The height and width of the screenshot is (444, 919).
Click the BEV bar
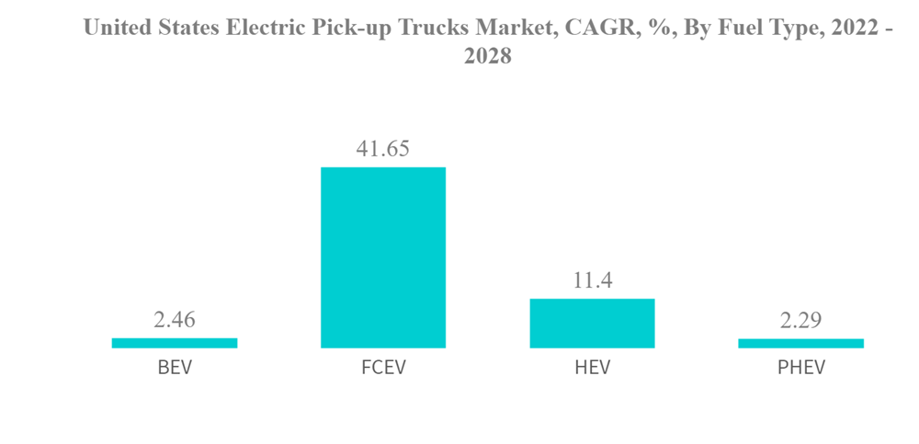click(175, 343)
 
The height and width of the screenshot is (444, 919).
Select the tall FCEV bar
click(383, 257)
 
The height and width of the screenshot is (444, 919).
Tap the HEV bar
click(592, 324)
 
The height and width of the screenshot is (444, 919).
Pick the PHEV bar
click(800, 343)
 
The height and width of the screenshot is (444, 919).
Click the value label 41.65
click(383, 149)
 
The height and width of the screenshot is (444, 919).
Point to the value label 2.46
click(175, 320)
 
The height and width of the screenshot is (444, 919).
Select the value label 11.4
click(593, 280)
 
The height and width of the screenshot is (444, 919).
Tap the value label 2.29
click(800, 321)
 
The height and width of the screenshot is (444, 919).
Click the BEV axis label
click(175, 369)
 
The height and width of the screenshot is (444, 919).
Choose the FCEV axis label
click(383, 369)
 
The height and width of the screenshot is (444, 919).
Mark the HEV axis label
click(592, 369)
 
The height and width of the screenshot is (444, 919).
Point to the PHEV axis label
click(800, 369)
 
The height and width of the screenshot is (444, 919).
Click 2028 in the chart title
click(487, 56)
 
